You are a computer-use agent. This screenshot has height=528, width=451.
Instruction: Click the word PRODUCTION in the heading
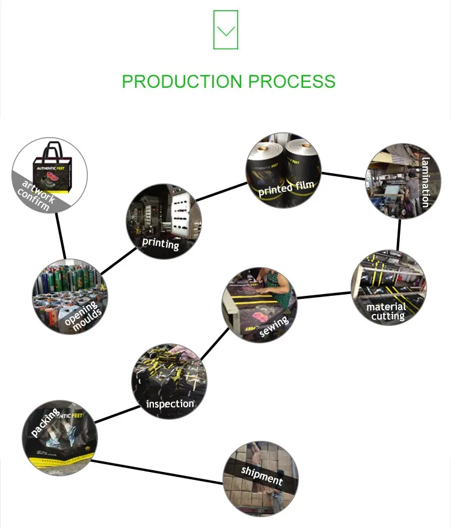[x=179, y=81]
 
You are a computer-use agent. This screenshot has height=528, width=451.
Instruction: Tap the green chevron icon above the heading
[x=226, y=30]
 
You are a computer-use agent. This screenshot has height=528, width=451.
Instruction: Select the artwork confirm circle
[x=51, y=174]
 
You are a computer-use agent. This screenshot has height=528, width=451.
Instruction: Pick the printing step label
[x=161, y=244]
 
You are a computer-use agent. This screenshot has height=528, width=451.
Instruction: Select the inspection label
[x=170, y=404]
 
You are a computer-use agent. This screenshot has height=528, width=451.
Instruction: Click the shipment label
[x=262, y=475]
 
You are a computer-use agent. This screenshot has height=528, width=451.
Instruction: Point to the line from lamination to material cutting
[x=398, y=235]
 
